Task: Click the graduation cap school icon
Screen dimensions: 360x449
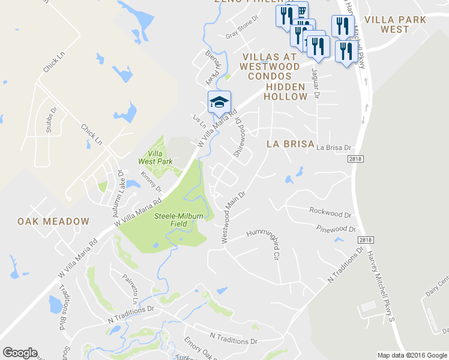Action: [220, 102]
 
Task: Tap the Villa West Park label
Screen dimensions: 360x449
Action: [155, 157]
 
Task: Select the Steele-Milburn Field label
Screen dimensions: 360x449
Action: [179, 220]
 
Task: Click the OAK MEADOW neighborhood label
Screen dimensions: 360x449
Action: [53, 221]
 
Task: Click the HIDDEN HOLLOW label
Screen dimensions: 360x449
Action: [286, 91]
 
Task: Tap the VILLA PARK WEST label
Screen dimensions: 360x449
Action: [395, 24]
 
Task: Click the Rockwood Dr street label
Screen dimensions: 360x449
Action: [330, 212]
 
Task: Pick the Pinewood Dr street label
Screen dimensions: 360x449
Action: [336, 229]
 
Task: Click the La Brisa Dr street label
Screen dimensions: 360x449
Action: [334, 147]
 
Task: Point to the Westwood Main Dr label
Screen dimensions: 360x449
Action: [234, 217]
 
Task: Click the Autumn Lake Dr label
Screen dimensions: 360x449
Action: [115, 187]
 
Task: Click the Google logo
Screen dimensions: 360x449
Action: [20, 353]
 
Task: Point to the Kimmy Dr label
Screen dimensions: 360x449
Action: [148, 181]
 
